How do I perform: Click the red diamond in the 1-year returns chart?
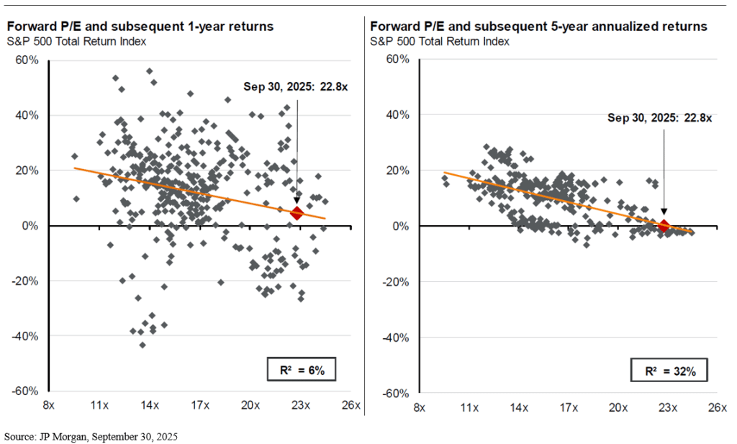click(x=297, y=213)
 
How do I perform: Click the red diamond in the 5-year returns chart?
click(x=664, y=226)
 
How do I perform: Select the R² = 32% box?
click(x=669, y=371)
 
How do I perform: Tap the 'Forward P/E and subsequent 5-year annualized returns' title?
click(x=538, y=26)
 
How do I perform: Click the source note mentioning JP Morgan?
click(x=91, y=437)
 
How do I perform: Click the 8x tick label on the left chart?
click(x=49, y=406)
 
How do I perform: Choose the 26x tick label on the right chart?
click(x=716, y=408)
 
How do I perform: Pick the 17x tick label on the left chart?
click(x=200, y=406)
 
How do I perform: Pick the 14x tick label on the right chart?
click(x=519, y=408)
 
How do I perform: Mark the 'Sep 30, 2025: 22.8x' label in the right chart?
click(x=659, y=118)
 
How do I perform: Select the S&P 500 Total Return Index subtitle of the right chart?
click(x=439, y=41)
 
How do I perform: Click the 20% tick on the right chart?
click(x=397, y=171)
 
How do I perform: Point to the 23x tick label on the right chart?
click(x=667, y=408)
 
